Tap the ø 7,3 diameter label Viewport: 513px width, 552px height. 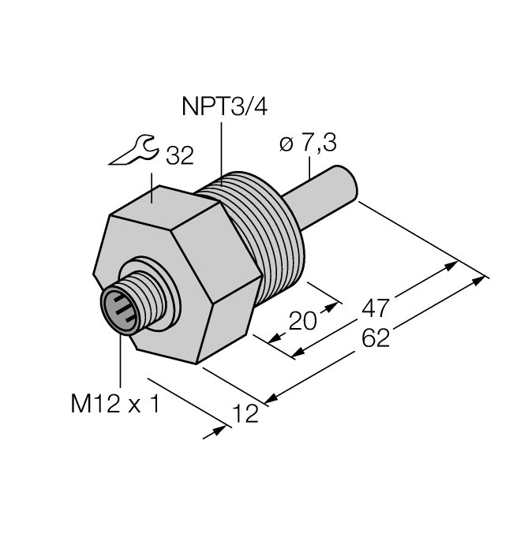[309, 143]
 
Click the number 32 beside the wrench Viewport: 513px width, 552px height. [180, 155]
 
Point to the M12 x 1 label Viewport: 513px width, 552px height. [115, 404]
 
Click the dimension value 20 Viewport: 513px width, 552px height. [302, 321]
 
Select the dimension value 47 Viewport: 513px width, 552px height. [376, 308]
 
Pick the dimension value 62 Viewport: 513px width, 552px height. [376, 338]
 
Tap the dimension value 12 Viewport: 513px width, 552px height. [245, 414]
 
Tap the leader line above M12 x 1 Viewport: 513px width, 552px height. [120, 361]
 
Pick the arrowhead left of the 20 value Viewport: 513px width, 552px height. [275, 338]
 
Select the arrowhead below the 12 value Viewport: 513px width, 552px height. [220, 431]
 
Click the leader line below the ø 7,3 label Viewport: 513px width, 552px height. [309, 167]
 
